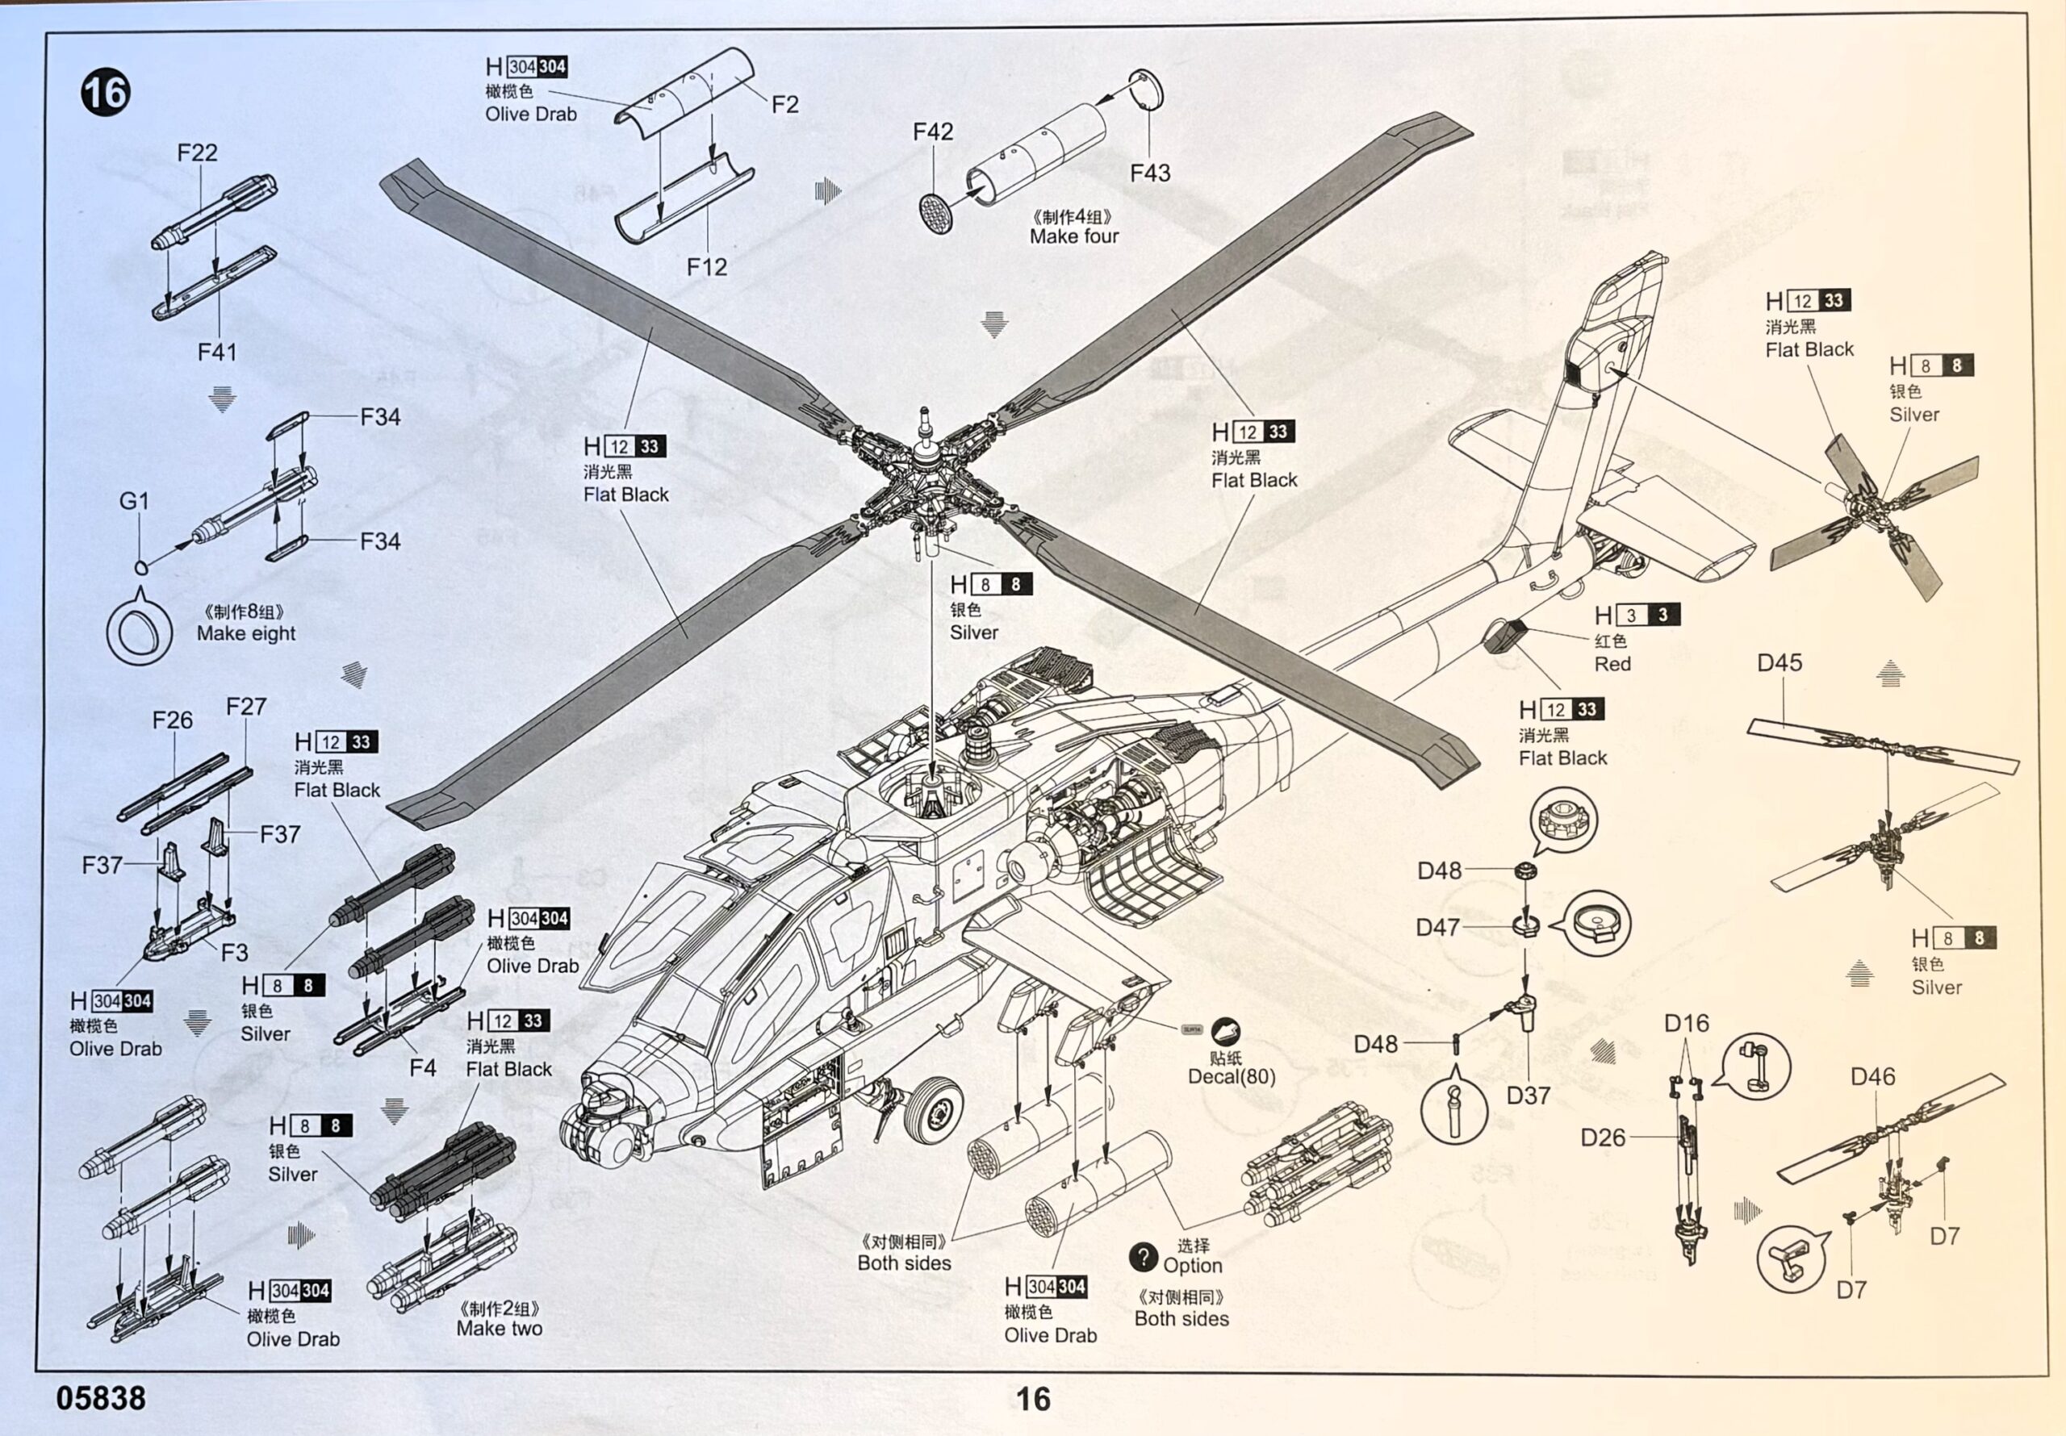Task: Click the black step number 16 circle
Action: pos(105,93)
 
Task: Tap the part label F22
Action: pos(196,153)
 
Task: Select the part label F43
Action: pos(1150,173)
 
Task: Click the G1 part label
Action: pos(134,501)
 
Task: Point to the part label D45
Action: pos(1779,663)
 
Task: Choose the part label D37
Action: pos(1528,1096)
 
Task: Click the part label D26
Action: pos(1603,1138)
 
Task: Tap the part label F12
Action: pos(706,267)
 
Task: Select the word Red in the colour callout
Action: pos(1612,664)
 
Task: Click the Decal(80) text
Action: pos(1231,1077)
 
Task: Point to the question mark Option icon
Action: pos(1143,1258)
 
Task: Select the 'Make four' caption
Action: pos(1073,236)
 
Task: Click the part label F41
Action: pos(217,352)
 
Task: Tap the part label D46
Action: pos(1872,1077)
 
